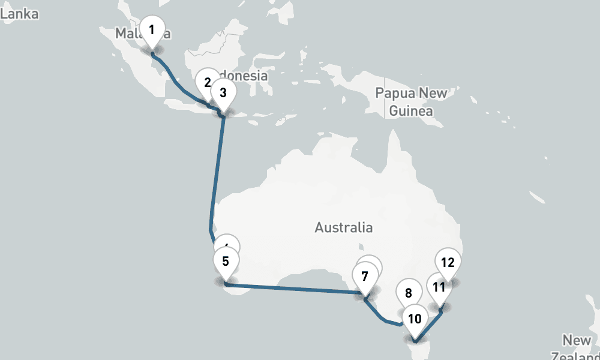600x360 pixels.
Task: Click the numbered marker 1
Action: coord(152,29)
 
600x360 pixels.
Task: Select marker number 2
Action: coord(207,82)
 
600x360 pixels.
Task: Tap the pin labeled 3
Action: coord(223,92)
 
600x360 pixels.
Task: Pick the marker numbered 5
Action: coord(226,261)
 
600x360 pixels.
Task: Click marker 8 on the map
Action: coord(409,293)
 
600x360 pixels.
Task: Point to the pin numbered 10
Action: coord(415,319)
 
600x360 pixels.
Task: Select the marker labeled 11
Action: coord(439,287)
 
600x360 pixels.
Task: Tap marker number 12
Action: coord(448,262)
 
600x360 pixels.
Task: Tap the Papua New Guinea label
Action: coord(411,102)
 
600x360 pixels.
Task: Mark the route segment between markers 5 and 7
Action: coord(294,288)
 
